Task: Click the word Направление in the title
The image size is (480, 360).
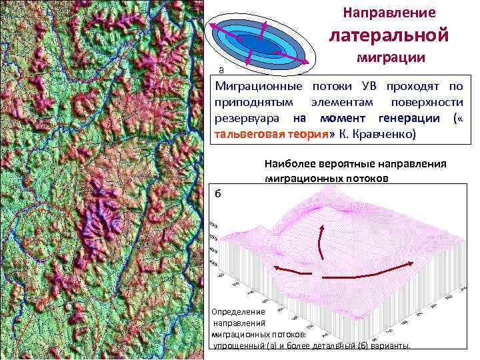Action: pyautogui.click(x=389, y=13)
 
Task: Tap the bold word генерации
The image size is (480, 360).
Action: pyautogui.click(x=408, y=118)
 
